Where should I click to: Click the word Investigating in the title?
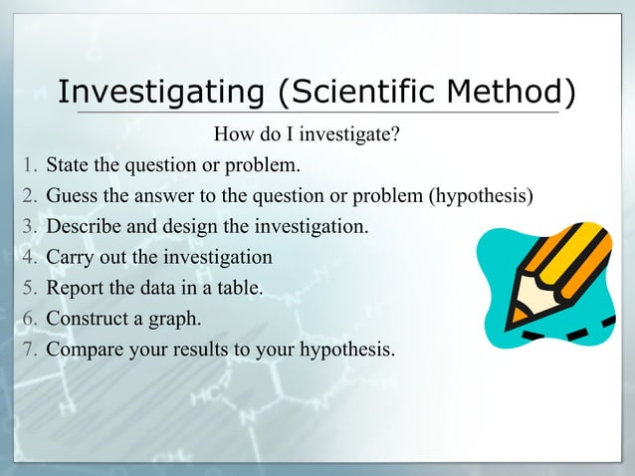[162, 93]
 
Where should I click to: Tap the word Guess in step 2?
[73, 194]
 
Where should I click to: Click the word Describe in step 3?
[86, 226]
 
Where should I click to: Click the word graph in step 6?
[175, 320]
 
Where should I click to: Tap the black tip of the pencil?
[516, 321]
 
